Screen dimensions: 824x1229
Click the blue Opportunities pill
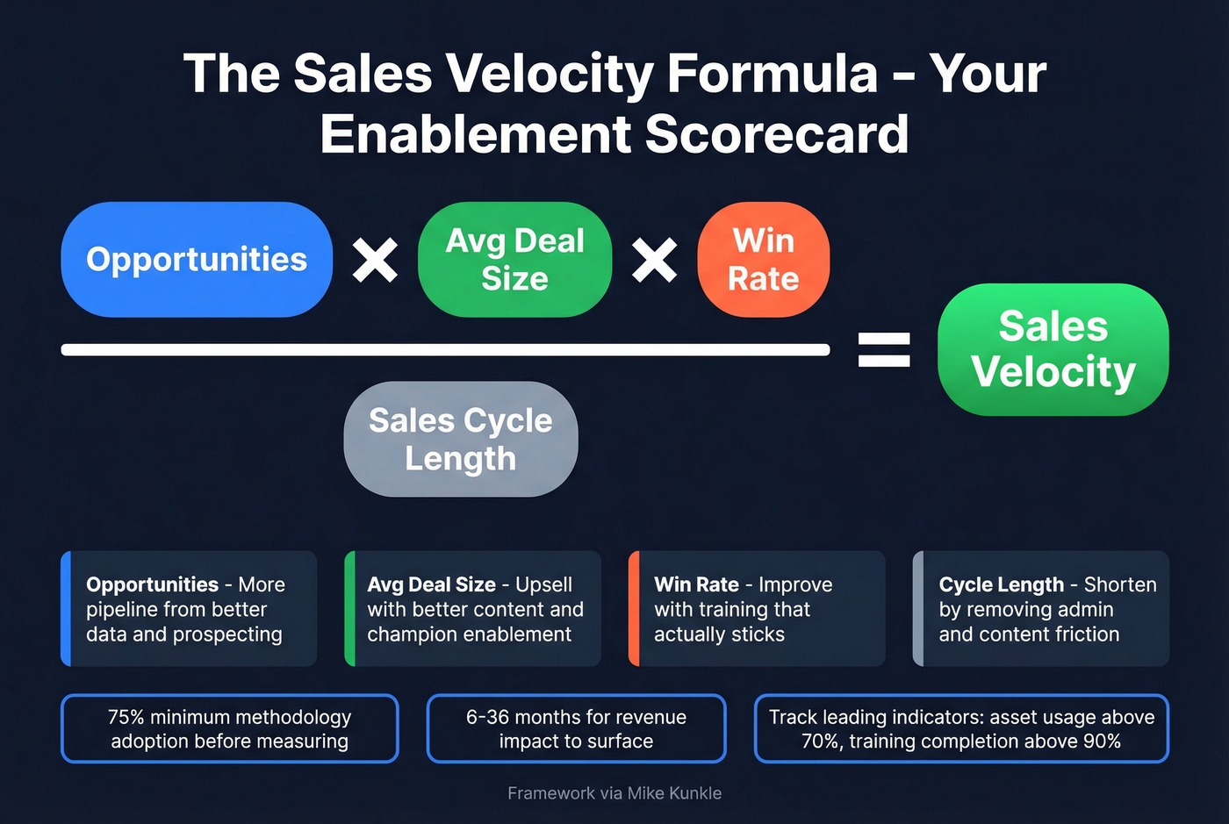point(197,260)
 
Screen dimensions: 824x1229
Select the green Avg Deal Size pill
point(514,260)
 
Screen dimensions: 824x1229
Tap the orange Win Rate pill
point(763,260)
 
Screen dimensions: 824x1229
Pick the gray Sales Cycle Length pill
point(461,439)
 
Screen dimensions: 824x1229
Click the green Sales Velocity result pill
point(1053,349)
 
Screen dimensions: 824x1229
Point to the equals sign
point(883,349)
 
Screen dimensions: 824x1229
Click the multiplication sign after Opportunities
point(375,261)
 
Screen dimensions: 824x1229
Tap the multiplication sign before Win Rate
point(654,261)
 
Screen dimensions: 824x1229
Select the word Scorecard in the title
point(776,134)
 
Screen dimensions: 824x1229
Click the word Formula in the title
point(773,73)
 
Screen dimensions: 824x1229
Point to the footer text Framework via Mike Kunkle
point(614,793)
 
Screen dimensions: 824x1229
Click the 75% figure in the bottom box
point(126,717)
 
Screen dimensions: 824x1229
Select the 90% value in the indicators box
point(1102,742)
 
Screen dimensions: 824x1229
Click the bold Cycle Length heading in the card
point(1001,584)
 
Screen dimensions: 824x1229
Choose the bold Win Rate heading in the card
point(696,584)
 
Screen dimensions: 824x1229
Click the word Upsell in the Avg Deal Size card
point(543,584)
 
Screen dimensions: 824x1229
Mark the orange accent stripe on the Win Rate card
point(633,608)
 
